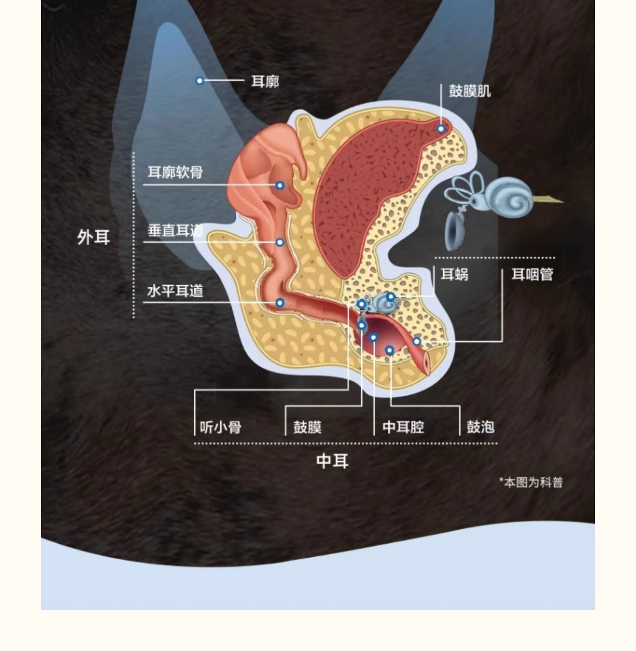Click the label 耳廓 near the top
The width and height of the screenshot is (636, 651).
tap(265, 81)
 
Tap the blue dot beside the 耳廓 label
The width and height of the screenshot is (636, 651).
tap(199, 81)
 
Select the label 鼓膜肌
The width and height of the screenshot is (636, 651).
tap(469, 91)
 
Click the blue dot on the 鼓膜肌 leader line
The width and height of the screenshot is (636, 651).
tap(441, 129)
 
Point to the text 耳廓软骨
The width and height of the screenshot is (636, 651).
tap(175, 172)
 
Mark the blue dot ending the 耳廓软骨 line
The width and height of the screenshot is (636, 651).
tap(279, 185)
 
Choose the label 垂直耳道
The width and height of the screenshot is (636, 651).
tap(175, 230)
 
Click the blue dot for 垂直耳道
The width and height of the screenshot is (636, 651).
tap(279, 242)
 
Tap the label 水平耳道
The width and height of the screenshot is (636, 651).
tap(175, 291)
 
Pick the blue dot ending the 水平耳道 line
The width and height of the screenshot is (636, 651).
tap(279, 303)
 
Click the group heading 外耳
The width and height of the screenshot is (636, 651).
tap(94, 237)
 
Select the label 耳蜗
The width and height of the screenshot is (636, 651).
tap(454, 275)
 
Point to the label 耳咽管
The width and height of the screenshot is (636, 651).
tap(532, 275)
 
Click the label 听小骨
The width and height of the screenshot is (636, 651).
tap(220, 427)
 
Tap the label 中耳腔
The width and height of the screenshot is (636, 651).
tap(403, 427)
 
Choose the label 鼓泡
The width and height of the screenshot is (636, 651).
tap(480, 427)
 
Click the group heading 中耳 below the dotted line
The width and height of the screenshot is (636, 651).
tap(332, 461)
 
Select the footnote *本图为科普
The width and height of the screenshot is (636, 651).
tap(531, 483)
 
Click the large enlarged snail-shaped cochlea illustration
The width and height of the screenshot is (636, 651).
tap(509, 197)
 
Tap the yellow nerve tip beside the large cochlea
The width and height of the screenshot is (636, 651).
tap(551, 199)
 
